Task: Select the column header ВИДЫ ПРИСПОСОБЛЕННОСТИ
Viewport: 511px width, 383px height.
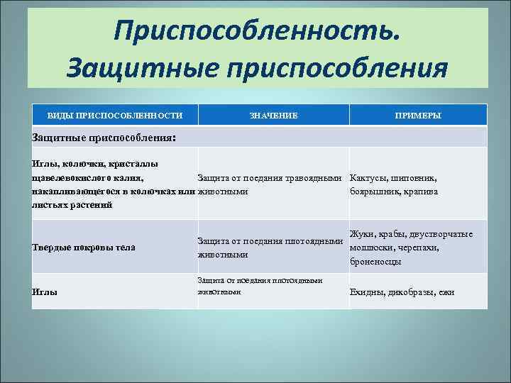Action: (x=114, y=115)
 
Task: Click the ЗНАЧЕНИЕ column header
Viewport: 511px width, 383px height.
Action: (x=273, y=115)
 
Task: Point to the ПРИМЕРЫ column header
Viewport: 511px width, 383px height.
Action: (x=419, y=115)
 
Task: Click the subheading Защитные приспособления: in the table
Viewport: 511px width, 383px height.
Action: (x=104, y=137)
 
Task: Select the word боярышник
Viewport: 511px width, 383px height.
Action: (x=376, y=191)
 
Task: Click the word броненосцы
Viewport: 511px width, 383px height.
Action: (x=376, y=261)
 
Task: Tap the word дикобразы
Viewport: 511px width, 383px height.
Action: (x=411, y=292)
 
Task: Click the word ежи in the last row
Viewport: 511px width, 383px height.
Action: (x=446, y=292)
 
